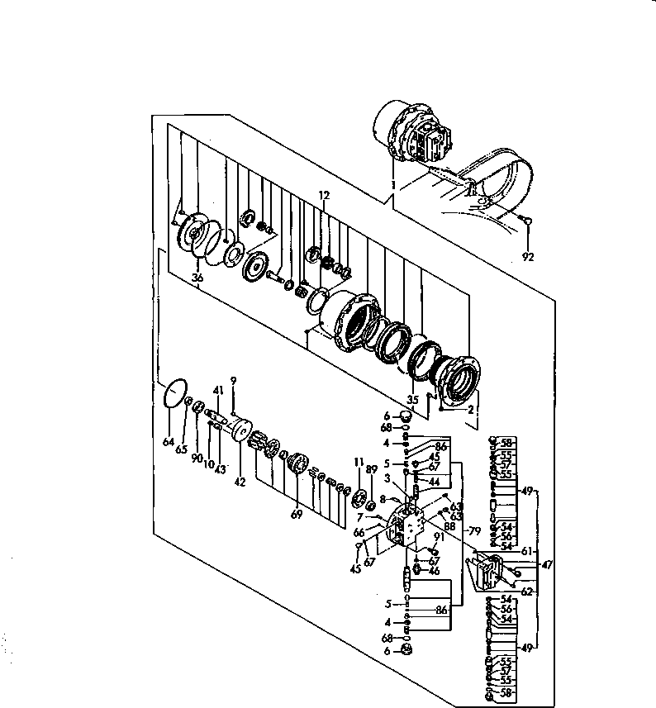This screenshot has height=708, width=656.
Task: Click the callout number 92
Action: tap(529, 257)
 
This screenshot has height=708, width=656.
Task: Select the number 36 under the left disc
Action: tap(197, 278)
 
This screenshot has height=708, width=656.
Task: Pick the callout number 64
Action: tap(169, 443)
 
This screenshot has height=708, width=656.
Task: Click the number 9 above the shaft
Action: tap(234, 380)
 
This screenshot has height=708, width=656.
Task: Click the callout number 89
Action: tap(370, 468)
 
